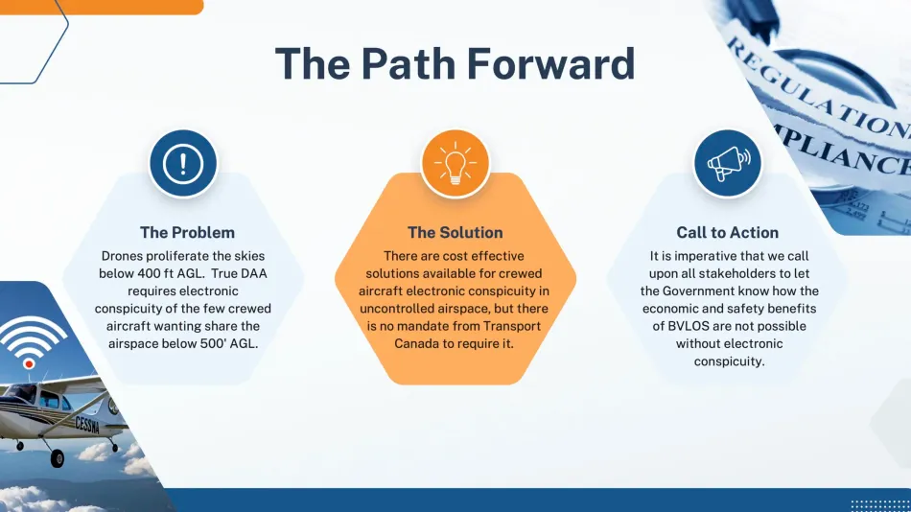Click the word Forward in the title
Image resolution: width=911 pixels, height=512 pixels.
[x=551, y=64]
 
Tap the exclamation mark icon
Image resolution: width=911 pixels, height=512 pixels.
[x=183, y=164]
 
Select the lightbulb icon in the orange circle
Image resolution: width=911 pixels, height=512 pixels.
[x=455, y=164]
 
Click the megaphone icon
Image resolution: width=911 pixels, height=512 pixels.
[x=728, y=164]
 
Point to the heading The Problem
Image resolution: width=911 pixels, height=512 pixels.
[x=187, y=232]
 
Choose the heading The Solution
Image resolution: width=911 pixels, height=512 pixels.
[x=455, y=232]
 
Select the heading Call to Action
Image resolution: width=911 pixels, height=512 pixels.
[x=727, y=232]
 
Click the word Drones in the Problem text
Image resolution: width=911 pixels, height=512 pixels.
[x=123, y=257]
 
